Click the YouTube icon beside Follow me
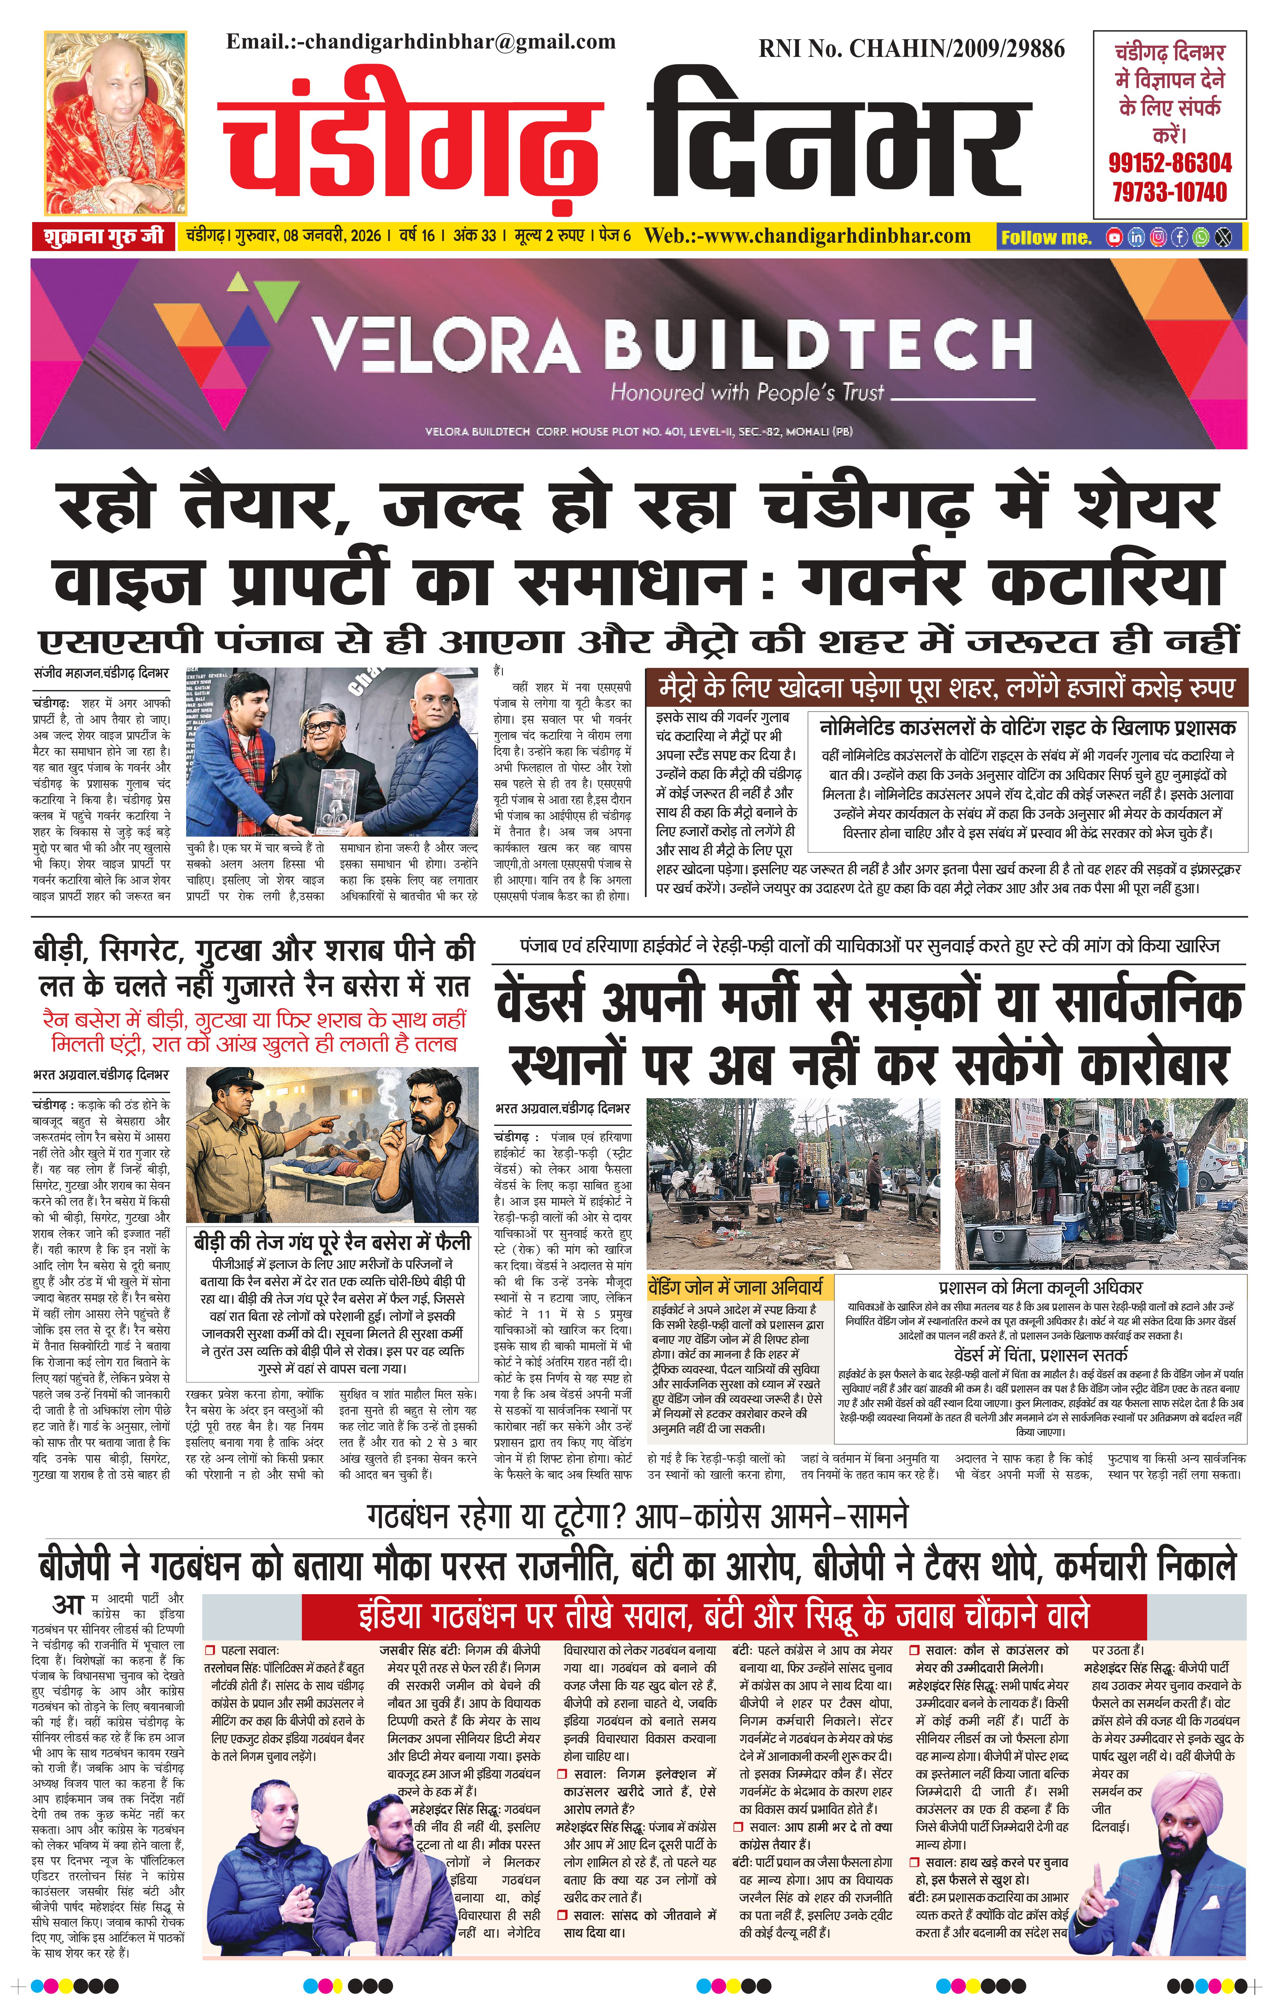coord(1114,237)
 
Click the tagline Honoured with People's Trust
coord(747,392)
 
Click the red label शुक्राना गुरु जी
coord(104,237)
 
